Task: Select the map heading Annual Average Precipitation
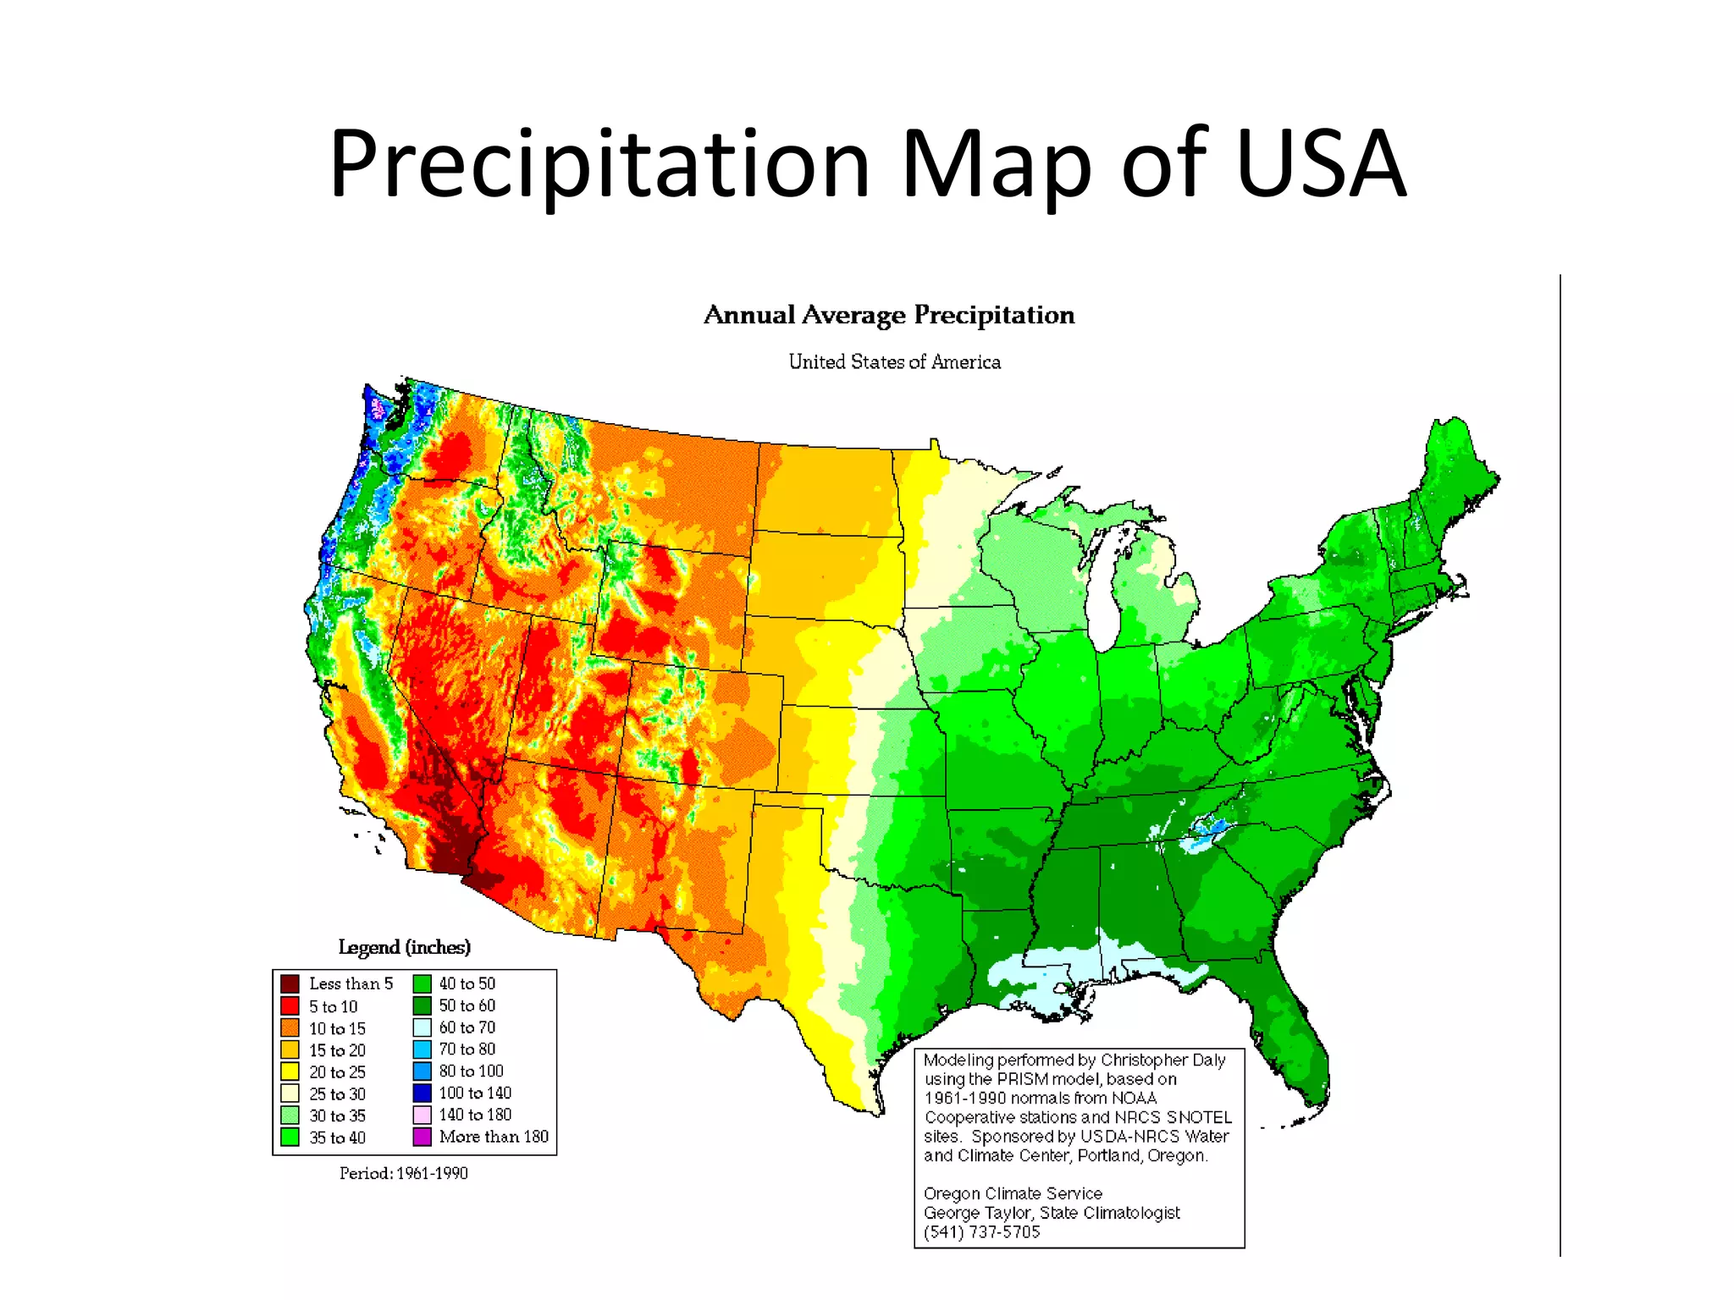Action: coord(889,315)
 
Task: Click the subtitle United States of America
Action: coord(894,362)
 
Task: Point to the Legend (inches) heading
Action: coord(404,947)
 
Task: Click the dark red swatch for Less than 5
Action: coord(290,983)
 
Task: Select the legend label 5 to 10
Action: coord(333,1006)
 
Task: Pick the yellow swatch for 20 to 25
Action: coord(290,1071)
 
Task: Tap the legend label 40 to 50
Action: coord(467,983)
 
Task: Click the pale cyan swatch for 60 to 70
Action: coord(422,1027)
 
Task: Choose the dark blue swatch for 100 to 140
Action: coord(422,1093)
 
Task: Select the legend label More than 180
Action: coord(494,1137)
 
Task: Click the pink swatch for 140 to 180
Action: coord(422,1115)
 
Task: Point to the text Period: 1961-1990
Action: coord(403,1173)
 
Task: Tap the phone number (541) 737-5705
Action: coord(981,1231)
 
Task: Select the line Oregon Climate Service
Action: coord(1013,1193)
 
